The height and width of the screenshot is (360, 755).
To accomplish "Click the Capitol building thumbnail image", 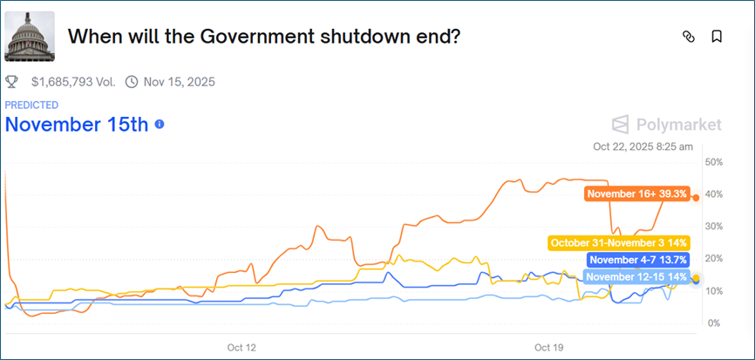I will pos(30,37).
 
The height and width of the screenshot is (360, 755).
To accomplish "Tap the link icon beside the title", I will pos(688,37).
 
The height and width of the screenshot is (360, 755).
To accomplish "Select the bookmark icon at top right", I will pos(716,37).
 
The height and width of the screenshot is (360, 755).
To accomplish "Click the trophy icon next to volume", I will pos(12,82).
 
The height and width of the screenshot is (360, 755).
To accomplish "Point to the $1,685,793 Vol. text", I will pos(74,82).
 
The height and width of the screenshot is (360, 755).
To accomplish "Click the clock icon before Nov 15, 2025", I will pos(132,82).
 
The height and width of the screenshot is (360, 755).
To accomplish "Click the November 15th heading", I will pos(77,124).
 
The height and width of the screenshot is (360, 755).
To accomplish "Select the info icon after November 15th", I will pos(159,125).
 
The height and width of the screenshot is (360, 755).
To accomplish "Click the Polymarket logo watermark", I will pos(667,125).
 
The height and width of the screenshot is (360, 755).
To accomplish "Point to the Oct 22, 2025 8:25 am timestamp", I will pos(643,147).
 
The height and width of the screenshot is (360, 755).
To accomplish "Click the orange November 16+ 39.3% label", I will pos(637,194).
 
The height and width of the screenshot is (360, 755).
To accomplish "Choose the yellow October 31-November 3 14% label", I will pos(619,243).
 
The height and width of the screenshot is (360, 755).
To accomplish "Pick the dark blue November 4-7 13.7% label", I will pos(639,260).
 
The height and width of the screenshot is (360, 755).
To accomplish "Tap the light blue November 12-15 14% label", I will pos(636,277).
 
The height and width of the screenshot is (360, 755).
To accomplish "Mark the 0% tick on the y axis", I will pos(712,323).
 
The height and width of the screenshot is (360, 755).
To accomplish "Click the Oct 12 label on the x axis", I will pos(241,347).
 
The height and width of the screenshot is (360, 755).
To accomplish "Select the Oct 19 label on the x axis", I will pos(548,347).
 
